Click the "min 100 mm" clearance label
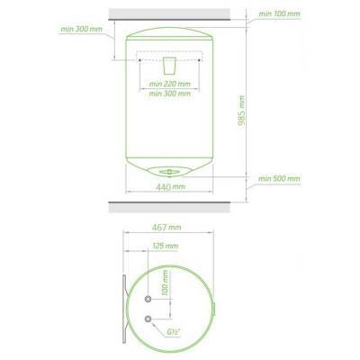tap(279, 13)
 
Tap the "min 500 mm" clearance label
tap(279, 179)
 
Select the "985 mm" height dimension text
tap(241, 111)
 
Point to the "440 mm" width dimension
tap(171, 187)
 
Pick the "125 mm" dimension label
tap(166, 246)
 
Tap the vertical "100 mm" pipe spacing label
tap(165, 283)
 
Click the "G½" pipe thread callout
tap(174, 332)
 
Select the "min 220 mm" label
tap(170, 84)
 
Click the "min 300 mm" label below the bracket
tap(170, 94)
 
